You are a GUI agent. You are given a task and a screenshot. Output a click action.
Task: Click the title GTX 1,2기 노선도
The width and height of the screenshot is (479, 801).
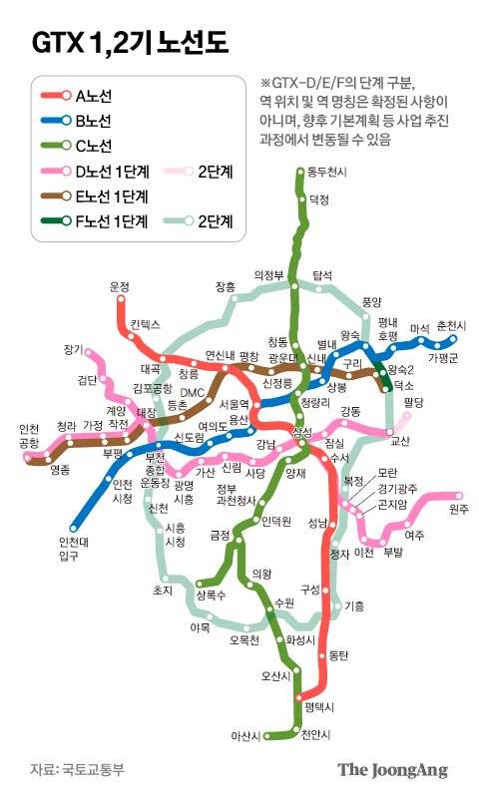(x=130, y=43)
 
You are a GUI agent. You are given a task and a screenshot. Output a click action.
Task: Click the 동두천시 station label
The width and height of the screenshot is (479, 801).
(x=327, y=173)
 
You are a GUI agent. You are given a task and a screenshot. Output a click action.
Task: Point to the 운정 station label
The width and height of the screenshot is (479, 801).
(x=120, y=286)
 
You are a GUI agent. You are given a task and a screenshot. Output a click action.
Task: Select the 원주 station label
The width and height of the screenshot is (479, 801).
(x=458, y=510)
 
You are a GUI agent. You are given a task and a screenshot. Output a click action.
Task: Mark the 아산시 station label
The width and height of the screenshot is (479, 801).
(x=244, y=736)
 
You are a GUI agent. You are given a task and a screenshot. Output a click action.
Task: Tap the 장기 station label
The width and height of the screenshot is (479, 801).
(x=73, y=349)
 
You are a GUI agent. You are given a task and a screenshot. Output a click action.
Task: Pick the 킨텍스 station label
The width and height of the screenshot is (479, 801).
(x=146, y=325)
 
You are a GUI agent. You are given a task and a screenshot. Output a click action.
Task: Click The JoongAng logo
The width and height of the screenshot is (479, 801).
(x=391, y=770)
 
